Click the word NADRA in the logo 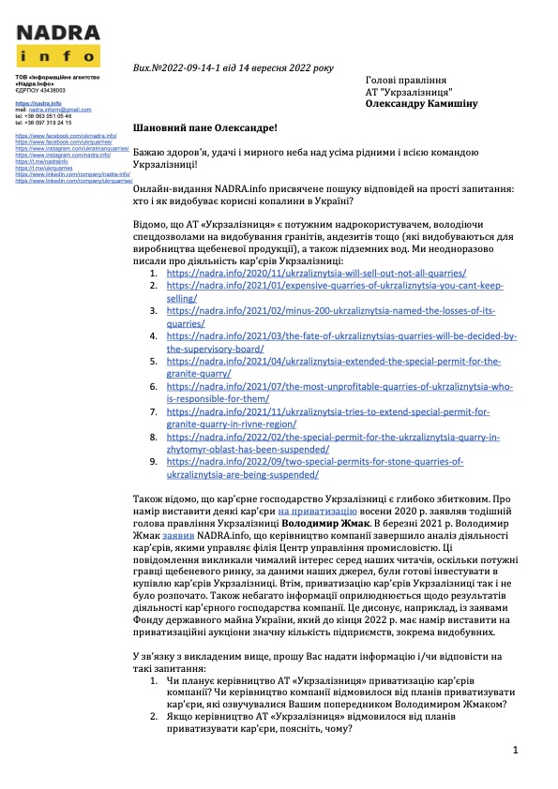click(x=58, y=31)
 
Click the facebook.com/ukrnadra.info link click(x=66, y=136)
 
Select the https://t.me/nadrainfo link click(x=42, y=161)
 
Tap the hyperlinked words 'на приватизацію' click(x=315, y=513)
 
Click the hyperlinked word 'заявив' click(x=181, y=538)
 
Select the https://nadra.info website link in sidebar click(x=38, y=103)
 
